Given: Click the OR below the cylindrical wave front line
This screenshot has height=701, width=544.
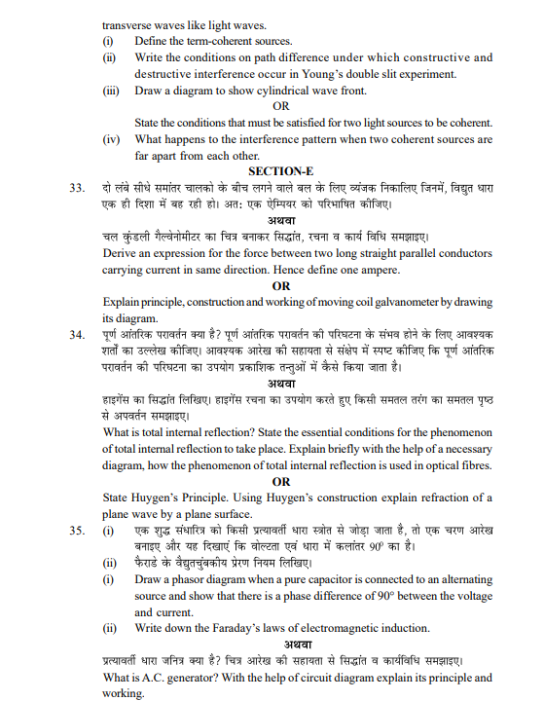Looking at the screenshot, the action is point(280,105).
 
